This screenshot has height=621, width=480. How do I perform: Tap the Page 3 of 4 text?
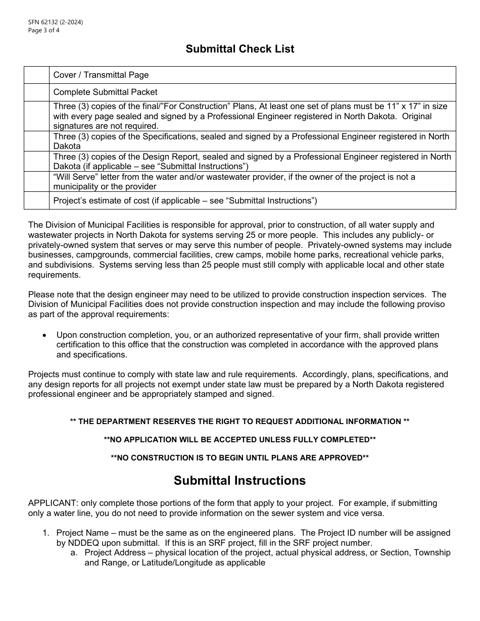[44, 30]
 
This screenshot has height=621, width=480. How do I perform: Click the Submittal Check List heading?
[239, 49]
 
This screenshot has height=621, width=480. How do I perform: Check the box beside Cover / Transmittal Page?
[36, 75]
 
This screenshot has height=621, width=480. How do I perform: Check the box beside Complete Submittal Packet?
[36, 92]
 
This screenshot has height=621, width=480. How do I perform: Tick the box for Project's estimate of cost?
[36, 200]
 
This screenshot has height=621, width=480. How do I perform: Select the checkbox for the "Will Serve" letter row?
[36, 182]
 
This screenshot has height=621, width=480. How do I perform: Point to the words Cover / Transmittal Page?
[101, 75]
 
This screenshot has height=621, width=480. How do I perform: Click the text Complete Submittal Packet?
[105, 92]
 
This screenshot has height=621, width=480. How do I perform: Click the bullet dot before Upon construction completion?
[45, 335]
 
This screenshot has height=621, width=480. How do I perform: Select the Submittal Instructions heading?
[239, 480]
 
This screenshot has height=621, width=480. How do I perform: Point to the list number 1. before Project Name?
[46, 533]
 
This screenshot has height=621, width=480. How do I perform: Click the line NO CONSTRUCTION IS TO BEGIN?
[239, 458]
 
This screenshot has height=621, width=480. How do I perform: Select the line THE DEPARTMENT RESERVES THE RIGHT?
[239, 422]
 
